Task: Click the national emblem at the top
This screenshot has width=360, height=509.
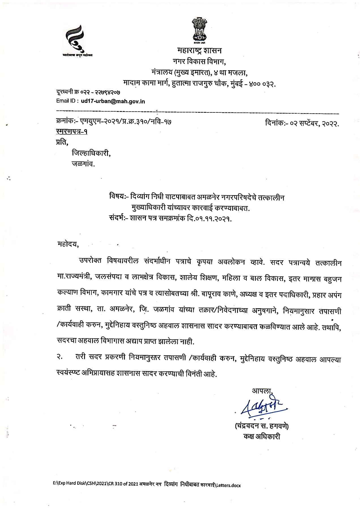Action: click(x=199, y=31)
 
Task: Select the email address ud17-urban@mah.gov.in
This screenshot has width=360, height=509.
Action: click(x=113, y=101)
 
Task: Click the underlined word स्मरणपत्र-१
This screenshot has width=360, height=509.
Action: click(x=72, y=132)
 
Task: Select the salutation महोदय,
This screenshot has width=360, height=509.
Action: click(x=68, y=244)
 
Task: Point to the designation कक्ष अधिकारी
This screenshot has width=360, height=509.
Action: click(x=262, y=436)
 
